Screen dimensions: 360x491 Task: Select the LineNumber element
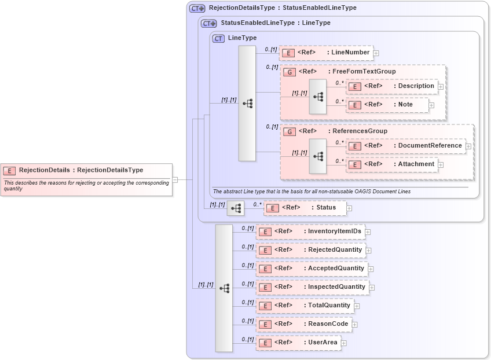click(325, 53)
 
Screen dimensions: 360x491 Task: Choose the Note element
click(387, 105)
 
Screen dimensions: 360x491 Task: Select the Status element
click(305, 208)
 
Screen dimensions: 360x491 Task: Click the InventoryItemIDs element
click(310, 232)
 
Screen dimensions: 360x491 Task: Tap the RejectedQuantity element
click(310, 250)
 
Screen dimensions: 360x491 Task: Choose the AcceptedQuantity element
click(312, 269)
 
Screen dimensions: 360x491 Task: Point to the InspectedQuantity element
click(312, 287)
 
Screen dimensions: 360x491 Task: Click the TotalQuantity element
click(305, 306)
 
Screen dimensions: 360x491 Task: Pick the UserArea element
click(298, 343)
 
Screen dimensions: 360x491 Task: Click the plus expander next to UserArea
click(344, 343)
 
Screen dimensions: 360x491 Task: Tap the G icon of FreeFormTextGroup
click(288, 72)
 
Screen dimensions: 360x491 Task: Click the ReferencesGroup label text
click(360, 131)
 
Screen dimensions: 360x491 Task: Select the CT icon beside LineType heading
click(219, 38)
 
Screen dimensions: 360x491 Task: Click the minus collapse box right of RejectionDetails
click(175, 179)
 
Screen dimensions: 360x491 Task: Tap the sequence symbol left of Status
click(235, 208)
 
